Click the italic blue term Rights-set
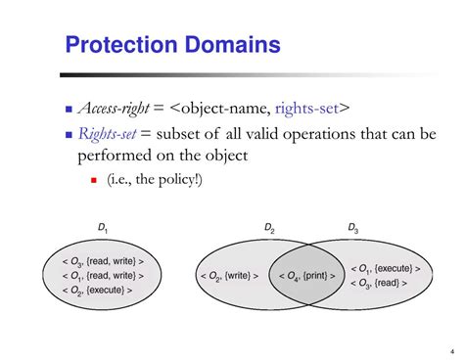point(105,134)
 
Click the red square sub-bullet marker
point(94,182)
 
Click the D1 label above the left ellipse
point(102,229)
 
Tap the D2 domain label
point(269,228)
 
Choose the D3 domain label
point(352,228)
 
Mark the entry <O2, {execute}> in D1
point(97,291)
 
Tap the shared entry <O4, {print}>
point(303,277)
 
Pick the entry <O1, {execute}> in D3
point(385,268)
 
